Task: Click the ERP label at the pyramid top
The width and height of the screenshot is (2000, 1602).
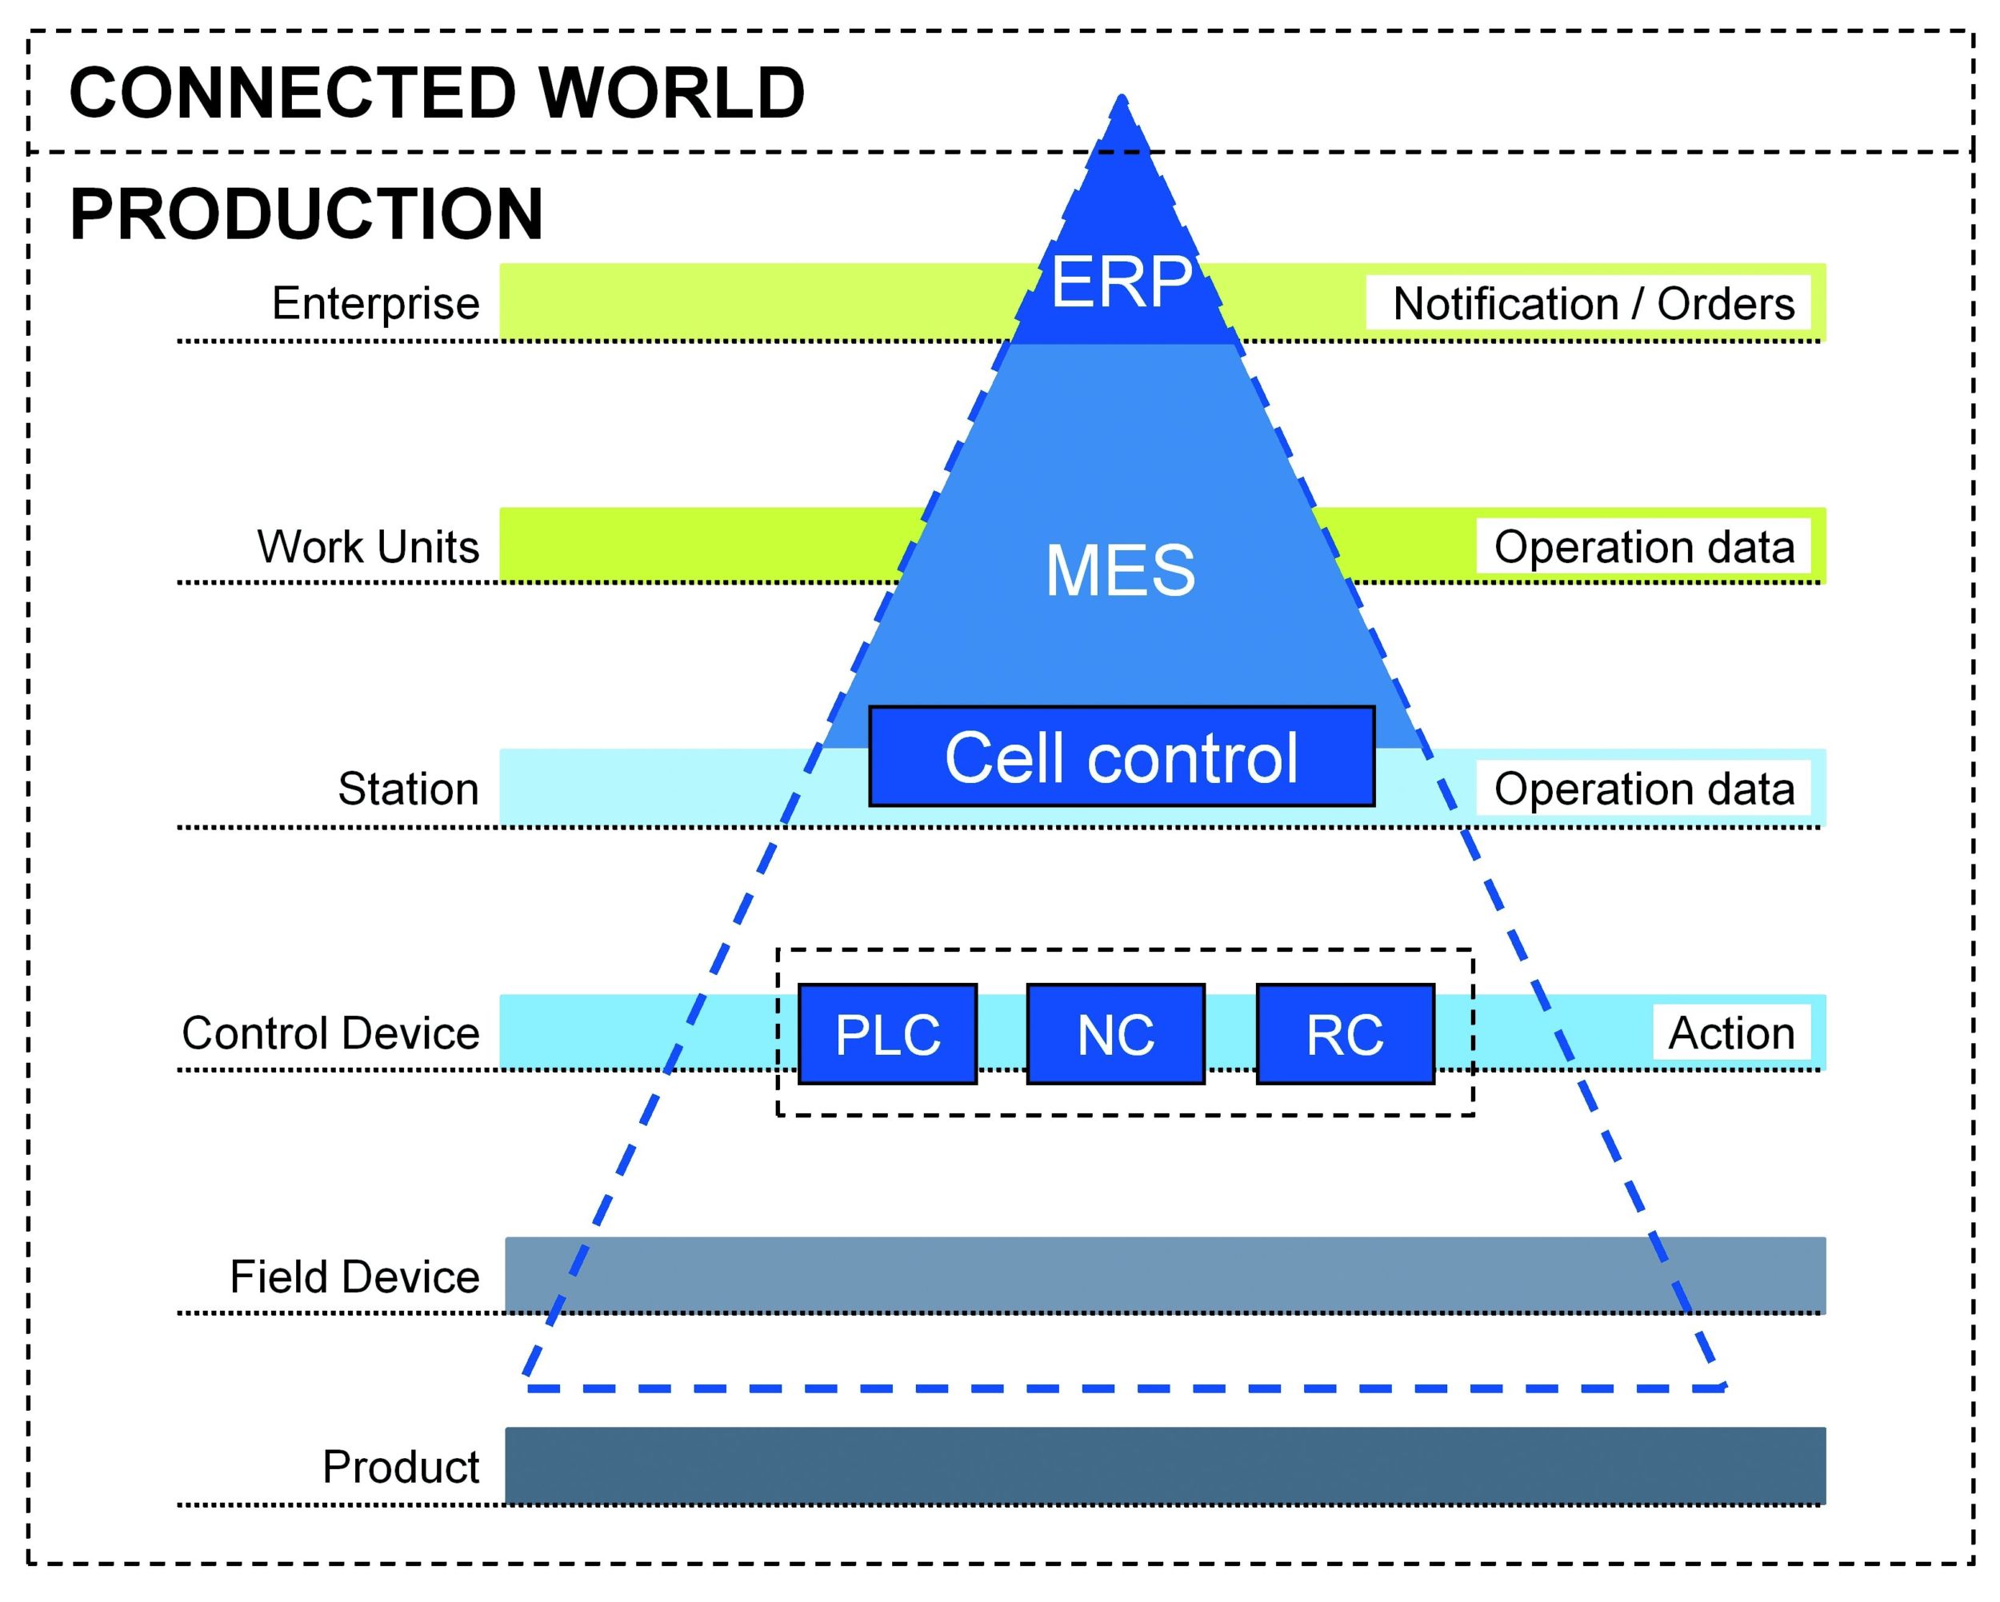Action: pyautogui.click(x=1121, y=282)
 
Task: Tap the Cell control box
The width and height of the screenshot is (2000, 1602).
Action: pyautogui.click(x=1121, y=757)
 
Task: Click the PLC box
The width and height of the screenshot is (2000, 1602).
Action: pyautogui.click(x=887, y=1034)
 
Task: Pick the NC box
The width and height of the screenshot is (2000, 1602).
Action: pyautogui.click(x=1115, y=1034)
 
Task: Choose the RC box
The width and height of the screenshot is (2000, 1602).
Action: pyautogui.click(x=1344, y=1034)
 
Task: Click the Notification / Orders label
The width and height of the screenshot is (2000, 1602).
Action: pyautogui.click(x=1593, y=303)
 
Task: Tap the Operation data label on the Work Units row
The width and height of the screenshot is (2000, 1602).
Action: pyautogui.click(x=1643, y=546)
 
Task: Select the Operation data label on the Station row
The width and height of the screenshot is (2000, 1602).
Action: pyautogui.click(x=1643, y=789)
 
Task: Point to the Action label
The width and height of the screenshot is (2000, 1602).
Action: pyautogui.click(x=1731, y=1033)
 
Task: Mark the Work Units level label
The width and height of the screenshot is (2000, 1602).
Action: pyautogui.click(x=367, y=546)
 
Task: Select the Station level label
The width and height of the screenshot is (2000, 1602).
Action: pyautogui.click(x=408, y=789)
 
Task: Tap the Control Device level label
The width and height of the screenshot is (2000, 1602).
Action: pyautogui.click(x=330, y=1033)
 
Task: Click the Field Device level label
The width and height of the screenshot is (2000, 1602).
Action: pyautogui.click(x=354, y=1276)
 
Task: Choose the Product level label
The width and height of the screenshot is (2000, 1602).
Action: pyautogui.click(x=400, y=1467)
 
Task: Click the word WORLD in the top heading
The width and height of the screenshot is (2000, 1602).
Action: pyautogui.click(x=672, y=93)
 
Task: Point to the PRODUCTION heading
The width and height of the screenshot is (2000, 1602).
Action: pyautogui.click(x=306, y=214)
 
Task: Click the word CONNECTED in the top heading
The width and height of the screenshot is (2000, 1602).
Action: pyautogui.click(x=292, y=93)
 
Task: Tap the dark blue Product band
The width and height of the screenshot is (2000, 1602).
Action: pyautogui.click(x=1164, y=1466)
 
